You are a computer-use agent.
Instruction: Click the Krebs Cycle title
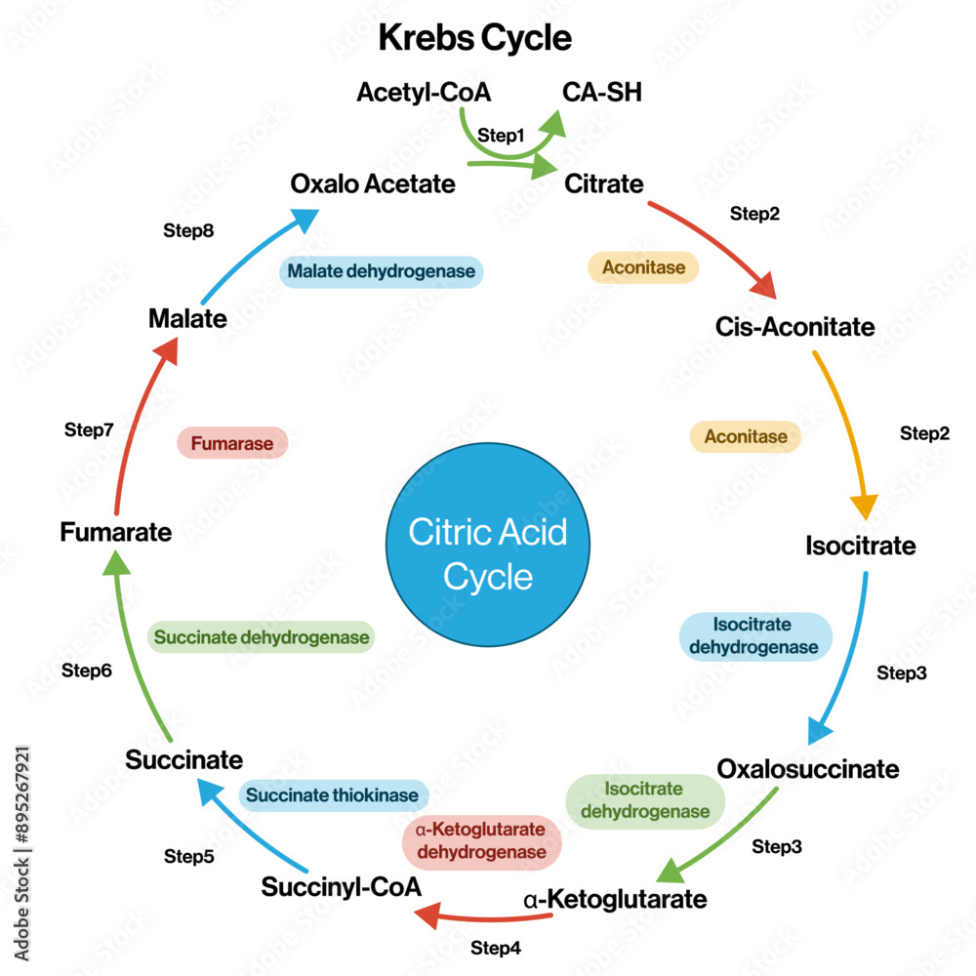pos(474,38)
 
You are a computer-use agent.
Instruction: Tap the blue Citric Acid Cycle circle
pos(487,554)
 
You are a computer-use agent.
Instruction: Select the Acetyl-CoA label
pos(423,93)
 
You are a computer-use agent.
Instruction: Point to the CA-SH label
pos(602,93)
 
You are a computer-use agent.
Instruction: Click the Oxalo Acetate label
pos(373,183)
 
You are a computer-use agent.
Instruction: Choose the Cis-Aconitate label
pos(795,326)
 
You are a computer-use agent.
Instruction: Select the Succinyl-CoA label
pos(342,887)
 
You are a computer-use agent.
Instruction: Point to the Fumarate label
pos(115,533)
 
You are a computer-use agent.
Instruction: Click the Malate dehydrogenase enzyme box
pos(382,271)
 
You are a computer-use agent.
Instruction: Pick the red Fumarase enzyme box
pos(232,443)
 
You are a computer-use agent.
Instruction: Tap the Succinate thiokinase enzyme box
pos(333,795)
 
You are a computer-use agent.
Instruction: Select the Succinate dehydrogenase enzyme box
pos(262,638)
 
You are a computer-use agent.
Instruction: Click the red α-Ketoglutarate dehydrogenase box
pos(481,841)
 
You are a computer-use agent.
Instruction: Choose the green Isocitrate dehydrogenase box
pos(644,800)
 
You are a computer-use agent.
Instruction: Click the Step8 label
pos(187,231)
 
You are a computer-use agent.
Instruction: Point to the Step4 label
pos(496,948)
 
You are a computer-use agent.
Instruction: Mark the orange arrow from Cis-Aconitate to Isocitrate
pos(845,429)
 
